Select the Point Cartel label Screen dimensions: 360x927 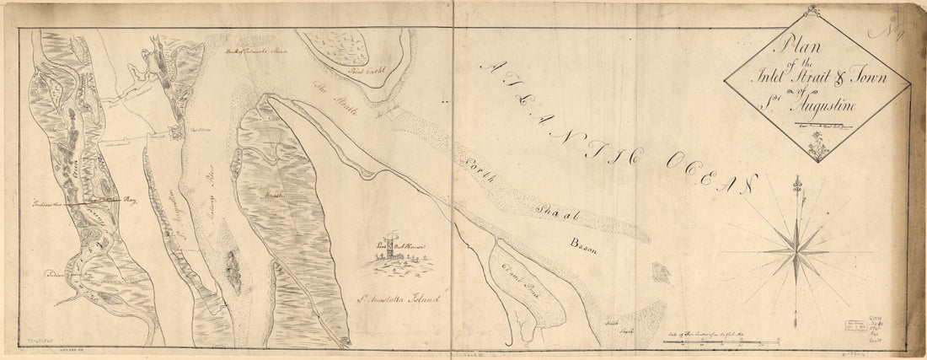[x=367, y=74]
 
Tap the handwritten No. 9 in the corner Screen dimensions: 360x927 [x=893, y=34]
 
